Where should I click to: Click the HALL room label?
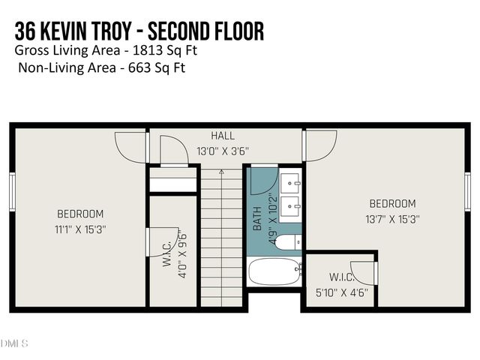[x=223, y=136]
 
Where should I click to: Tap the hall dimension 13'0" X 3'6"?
[x=223, y=151]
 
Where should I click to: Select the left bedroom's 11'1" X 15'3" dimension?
[x=80, y=229]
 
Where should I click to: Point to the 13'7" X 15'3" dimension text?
[x=392, y=220]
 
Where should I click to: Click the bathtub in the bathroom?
[x=274, y=271]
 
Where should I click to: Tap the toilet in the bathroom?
[x=287, y=241]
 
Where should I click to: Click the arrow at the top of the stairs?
[x=221, y=173]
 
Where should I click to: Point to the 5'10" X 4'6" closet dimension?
[x=341, y=293]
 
